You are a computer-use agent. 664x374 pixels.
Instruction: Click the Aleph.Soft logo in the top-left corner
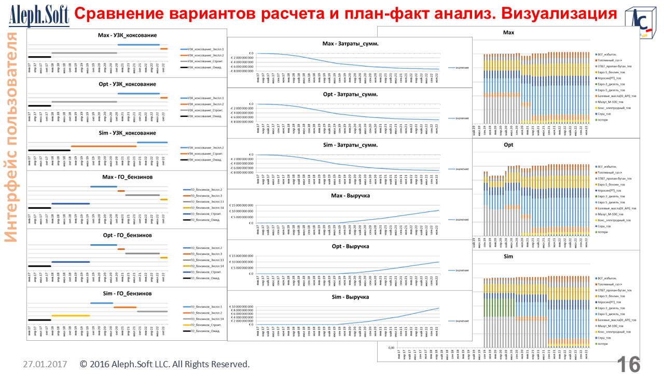[39, 16]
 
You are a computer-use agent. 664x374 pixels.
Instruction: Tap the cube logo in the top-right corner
[640, 23]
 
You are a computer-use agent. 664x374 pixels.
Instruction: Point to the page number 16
[629, 364]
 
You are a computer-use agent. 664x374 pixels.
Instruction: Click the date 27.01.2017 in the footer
[45, 364]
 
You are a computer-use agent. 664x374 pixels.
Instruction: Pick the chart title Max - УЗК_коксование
[127, 35]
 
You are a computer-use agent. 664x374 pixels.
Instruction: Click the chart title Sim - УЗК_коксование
[127, 133]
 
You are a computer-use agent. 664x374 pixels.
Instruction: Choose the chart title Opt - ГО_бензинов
[127, 235]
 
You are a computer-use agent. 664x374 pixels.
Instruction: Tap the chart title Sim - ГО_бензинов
[127, 293]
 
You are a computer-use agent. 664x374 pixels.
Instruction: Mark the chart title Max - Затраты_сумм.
[350, 44]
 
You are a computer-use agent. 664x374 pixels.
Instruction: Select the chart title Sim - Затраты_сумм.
[350, 145]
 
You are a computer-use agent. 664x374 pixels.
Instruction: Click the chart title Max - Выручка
[350, 196]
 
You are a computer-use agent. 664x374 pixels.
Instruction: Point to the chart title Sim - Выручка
[350, 297]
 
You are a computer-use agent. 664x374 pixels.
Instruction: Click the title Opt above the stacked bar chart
[508, 145]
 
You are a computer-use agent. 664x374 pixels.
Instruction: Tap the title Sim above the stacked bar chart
[508, 257]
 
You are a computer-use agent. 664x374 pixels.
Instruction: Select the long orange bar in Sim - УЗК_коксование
[104, 146]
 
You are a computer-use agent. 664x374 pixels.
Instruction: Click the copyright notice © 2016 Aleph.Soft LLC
[165, 364]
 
